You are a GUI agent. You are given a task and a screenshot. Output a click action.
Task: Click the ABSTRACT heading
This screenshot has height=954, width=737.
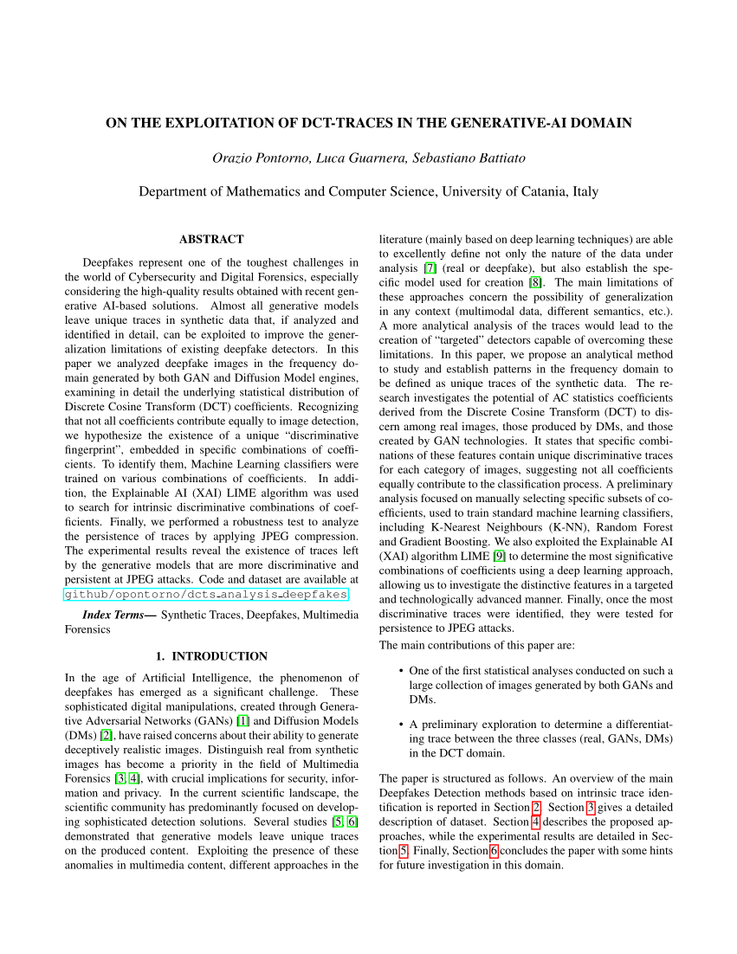click(x=211, y=239)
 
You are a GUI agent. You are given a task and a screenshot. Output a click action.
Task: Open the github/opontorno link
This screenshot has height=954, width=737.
click(x=206, y=595)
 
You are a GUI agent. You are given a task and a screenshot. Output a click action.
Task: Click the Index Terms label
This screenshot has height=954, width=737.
click(x=119, y=615)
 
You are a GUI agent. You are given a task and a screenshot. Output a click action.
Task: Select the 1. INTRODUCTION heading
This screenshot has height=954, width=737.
click(x=211, y=656)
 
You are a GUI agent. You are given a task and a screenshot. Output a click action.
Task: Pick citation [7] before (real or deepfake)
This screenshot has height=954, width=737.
click(x=430, y=268)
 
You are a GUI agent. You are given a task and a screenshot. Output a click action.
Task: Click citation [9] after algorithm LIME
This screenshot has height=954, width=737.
click(x=500, y=556)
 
